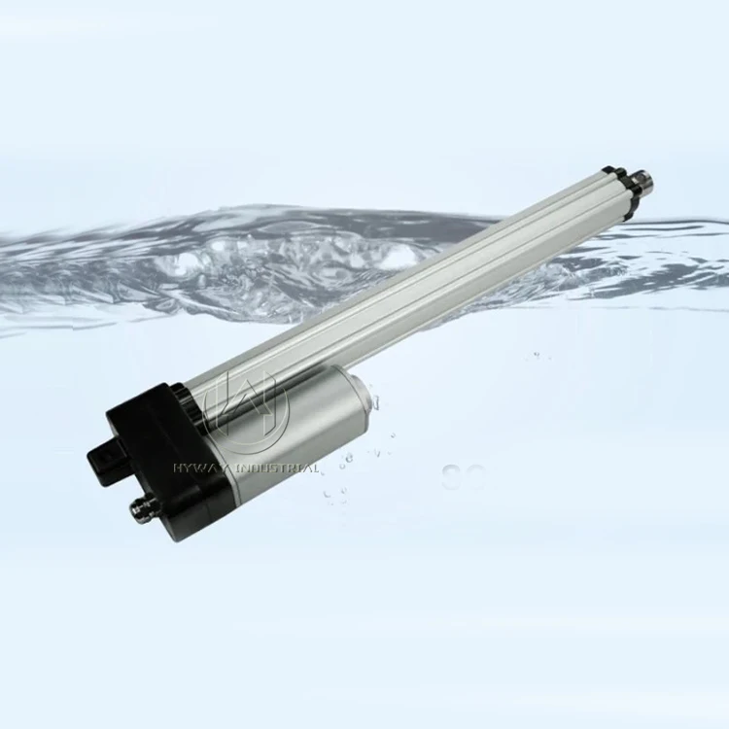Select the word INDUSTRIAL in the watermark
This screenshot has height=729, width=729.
[277, 469]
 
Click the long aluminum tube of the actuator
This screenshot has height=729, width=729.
[408, 282]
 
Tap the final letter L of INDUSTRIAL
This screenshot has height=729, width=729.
[316, 469]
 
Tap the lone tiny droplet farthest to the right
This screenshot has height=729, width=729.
[539, 357]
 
